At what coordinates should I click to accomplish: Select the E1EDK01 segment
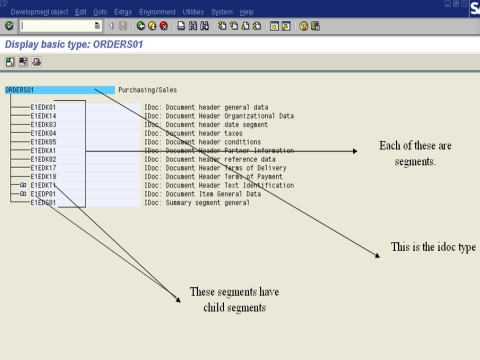coord(43,107)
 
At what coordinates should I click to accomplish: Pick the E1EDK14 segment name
coord(43,115)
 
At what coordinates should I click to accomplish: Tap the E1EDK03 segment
coord(43,124)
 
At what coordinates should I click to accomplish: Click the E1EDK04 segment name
coord(43,132)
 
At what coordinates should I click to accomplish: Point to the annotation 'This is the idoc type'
coord(432,247)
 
